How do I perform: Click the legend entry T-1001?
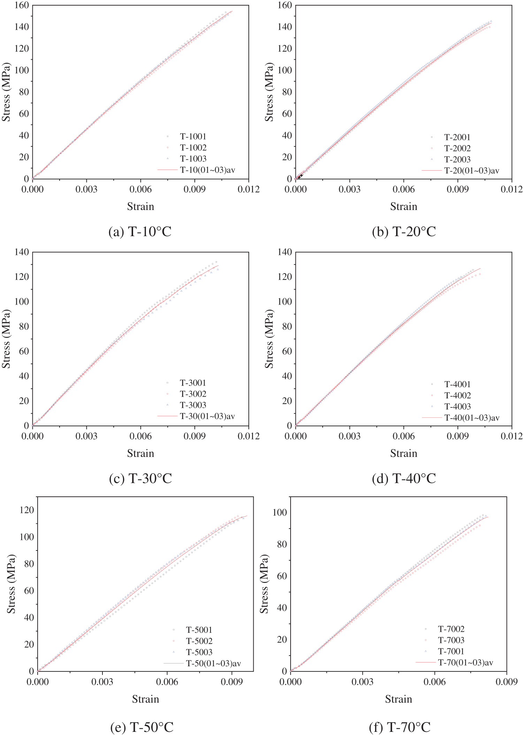coord(193,136)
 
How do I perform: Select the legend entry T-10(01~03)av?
coord(207,170)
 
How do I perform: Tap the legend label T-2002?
coord(457,148)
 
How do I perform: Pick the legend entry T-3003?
coord(193,405)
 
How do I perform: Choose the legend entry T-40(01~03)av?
coord(472,418)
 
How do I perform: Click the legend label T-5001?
coord(199,630)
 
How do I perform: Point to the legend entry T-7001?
coord(451,651)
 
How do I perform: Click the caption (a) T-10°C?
coord(140,232)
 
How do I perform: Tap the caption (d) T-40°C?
coord(404,478)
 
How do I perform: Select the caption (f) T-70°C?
coord(400,727)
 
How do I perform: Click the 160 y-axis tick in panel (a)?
coord(22,5)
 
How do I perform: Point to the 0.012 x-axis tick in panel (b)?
coord(512,189)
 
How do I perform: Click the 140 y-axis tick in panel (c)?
coord(22,252)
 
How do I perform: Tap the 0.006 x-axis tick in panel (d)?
coord(403,436)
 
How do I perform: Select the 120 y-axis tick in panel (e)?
coord(27,510)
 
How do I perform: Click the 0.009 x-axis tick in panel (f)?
coord(507,682)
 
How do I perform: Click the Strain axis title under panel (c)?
coord(140,453)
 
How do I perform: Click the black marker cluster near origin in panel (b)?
coord(299,176)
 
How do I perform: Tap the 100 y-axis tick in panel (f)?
coord(280,512)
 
